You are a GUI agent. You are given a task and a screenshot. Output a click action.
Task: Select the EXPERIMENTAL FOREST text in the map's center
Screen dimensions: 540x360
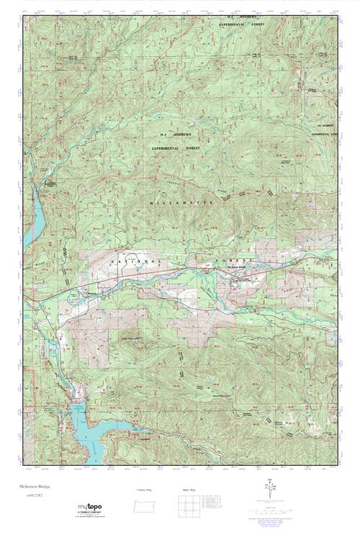[x=176, y=148]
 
